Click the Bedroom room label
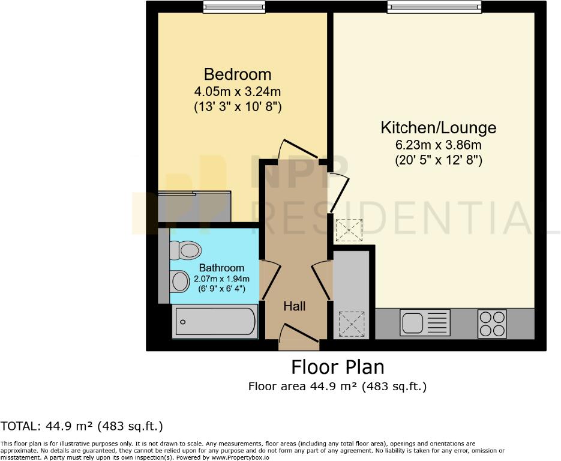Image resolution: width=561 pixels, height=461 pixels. [238, 74]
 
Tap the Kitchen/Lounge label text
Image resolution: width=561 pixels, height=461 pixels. [439, 128]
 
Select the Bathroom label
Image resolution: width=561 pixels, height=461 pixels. [221, 268]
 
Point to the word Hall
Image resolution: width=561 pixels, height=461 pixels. [294, 306]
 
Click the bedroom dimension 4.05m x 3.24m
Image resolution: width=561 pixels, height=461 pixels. [238, 92]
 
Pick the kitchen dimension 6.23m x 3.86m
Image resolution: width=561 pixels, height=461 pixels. [439, 145]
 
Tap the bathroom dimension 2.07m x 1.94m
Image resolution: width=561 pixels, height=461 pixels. [221, 279]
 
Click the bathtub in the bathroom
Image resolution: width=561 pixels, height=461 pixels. [215, 321]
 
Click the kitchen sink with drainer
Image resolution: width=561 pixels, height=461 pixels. [425, 323]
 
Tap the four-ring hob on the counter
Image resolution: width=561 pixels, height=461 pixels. [493, 323]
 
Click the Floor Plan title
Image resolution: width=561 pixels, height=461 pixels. [337, 366]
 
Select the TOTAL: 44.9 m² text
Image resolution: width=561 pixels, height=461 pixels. [82, 427]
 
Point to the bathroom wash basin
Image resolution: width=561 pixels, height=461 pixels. [179, 280]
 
